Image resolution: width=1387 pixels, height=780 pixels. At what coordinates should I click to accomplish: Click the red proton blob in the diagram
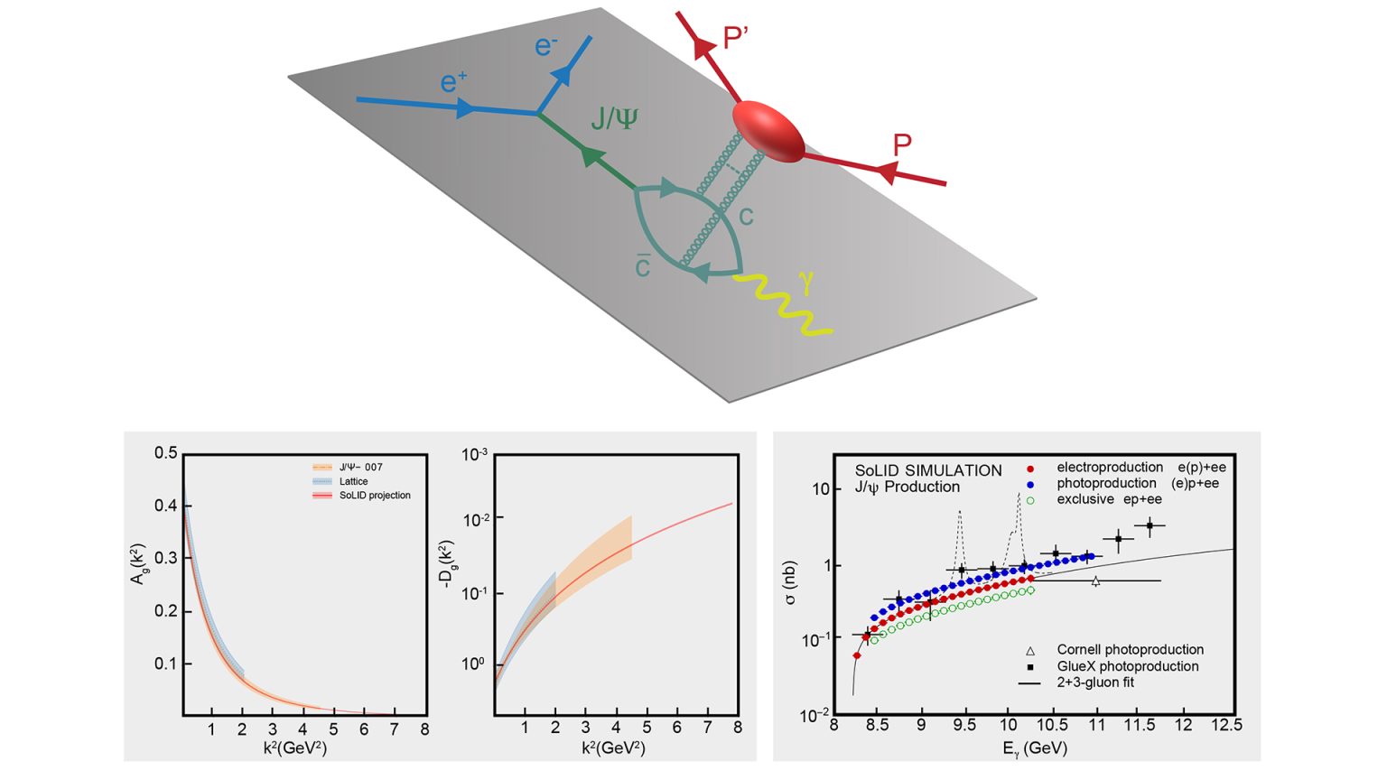point(767,131)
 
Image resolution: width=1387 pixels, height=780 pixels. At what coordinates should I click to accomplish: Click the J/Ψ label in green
point(613,118)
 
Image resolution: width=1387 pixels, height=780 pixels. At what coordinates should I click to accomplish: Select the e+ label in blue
point(453,83)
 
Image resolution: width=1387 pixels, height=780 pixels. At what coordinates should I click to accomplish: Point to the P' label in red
point(736,38)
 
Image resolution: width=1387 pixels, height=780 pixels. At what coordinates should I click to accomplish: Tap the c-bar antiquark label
point(642,267)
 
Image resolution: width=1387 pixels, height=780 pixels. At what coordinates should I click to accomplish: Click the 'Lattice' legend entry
point(353,481)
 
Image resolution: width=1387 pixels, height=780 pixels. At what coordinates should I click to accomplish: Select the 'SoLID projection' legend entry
point(374,495)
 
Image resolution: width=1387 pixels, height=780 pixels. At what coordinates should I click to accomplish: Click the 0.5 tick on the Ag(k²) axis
point(165,453)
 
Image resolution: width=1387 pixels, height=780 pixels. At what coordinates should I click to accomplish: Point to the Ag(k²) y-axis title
point(138,563)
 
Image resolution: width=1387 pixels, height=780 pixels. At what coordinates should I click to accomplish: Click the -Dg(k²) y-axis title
point(446,564)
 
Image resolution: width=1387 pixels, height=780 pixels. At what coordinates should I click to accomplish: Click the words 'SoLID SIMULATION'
point(928,470)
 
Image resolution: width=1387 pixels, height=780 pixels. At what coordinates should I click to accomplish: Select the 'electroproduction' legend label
point(1110,467)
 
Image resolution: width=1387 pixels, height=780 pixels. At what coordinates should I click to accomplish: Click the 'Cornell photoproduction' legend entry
point(1130,649)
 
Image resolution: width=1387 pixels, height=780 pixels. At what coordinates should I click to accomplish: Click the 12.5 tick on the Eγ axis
point(1225,725)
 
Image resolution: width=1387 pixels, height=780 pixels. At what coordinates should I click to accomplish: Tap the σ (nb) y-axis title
point(791,583)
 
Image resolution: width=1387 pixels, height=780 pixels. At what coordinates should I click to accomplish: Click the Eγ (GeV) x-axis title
point(1034,748)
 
